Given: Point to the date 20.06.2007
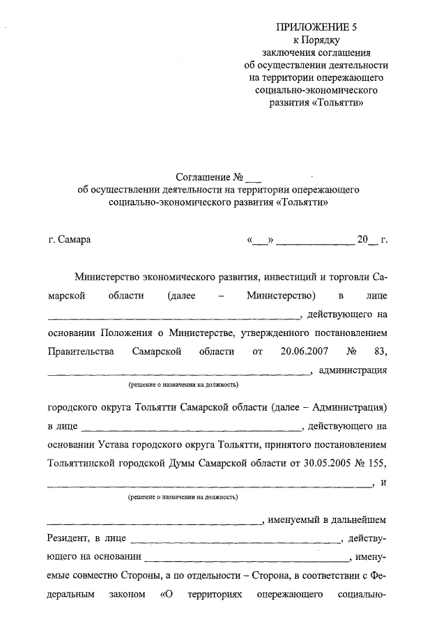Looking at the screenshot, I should pyautogui.click(x=306, y=351).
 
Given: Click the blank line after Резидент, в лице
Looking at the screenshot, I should pyautogui.click(x=236, y=539).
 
